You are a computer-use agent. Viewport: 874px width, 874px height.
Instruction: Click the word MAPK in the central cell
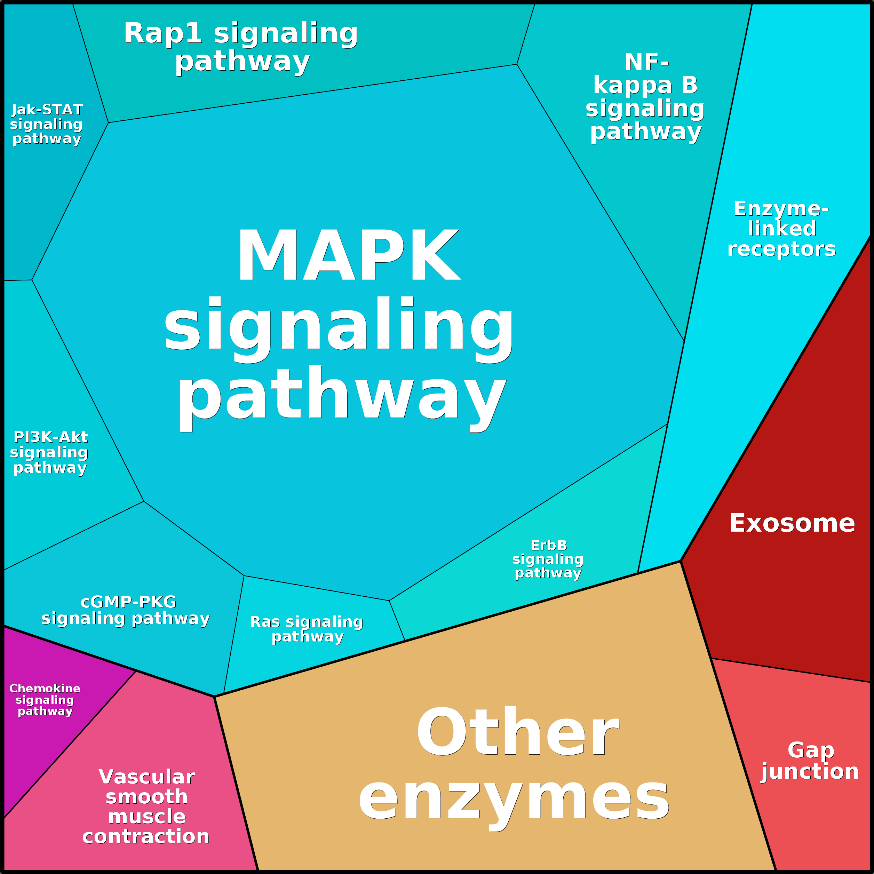coord(348,256)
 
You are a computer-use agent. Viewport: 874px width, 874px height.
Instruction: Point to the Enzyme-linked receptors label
coord(781,229)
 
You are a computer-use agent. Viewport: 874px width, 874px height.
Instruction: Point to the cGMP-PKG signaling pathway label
coord(126,610)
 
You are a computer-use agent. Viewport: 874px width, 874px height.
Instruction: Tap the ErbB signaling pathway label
coord(548,559)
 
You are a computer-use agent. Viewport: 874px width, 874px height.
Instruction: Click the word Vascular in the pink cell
coord(146,777)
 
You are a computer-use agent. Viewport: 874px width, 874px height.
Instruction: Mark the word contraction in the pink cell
coord(146,836)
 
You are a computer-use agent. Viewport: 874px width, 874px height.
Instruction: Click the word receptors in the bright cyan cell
coord(781,249)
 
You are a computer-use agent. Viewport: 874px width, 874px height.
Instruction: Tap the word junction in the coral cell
coord(810,772)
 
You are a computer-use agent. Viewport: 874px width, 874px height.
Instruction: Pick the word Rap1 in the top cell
coord(163,33)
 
